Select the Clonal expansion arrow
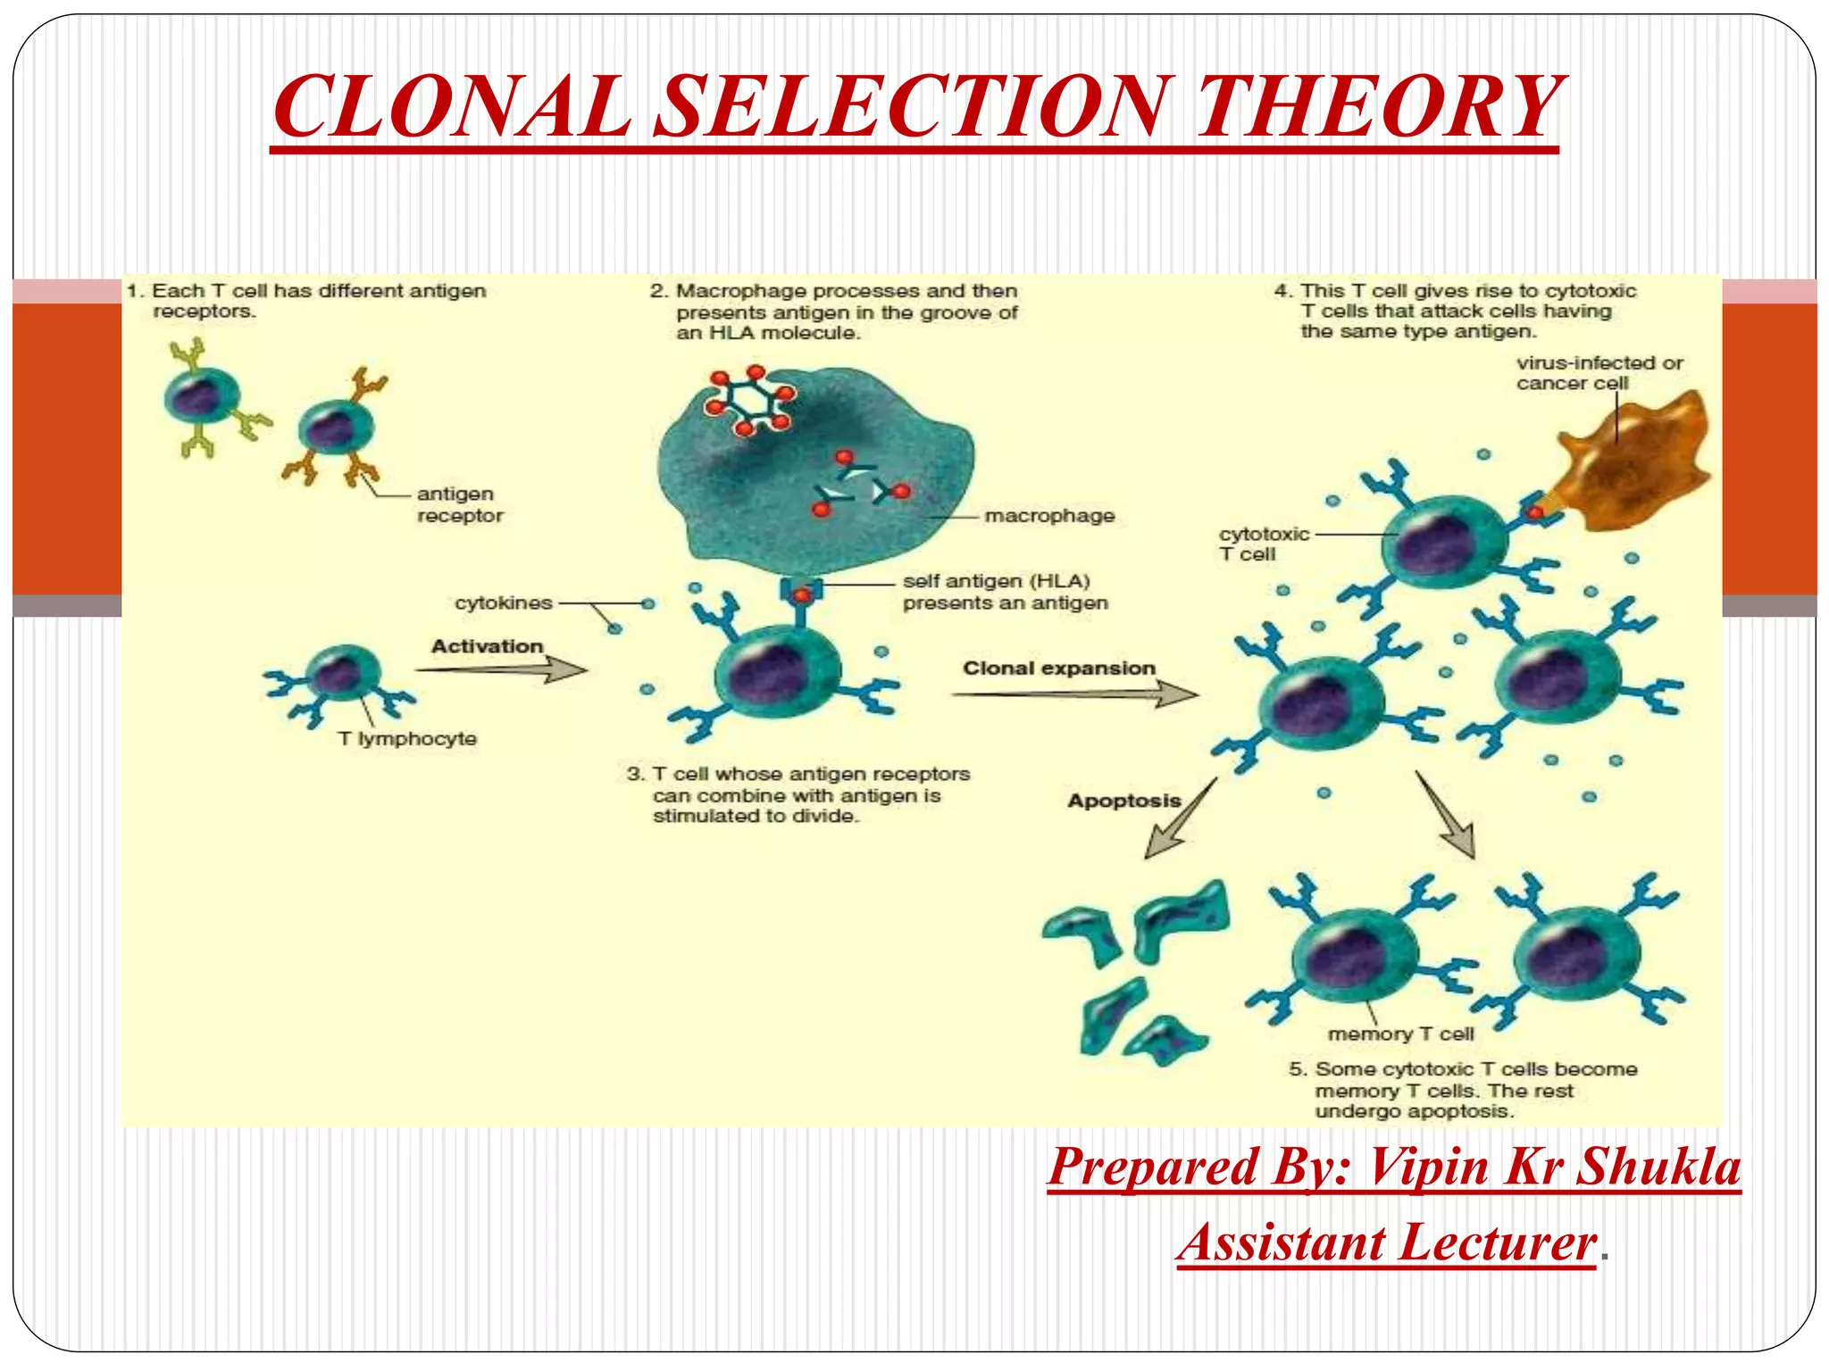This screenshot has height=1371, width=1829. (x=1076, y=694)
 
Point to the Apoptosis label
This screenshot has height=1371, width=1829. (x=1123, y=801)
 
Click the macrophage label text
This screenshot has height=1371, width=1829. (x=1049, y=516)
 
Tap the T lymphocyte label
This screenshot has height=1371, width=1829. (x=407, y=739)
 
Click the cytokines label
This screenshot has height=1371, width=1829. (x=504, y=603)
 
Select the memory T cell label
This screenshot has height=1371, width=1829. (x=1400, y=1034)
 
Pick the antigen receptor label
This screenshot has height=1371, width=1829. (x=459, y=505)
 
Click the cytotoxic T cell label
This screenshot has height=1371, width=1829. (x=1263, y=544)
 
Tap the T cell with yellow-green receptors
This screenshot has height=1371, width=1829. (x=202, y=397)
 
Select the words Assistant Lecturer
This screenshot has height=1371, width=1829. (x=1386, y=1242)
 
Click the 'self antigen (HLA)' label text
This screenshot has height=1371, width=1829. (x=996, y=582)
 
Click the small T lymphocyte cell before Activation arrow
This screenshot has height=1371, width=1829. (x=340, y=675)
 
